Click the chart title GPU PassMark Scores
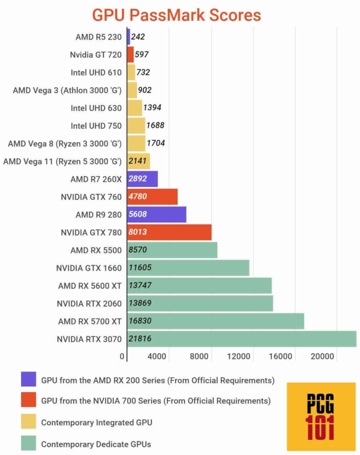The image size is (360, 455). pos(176,15)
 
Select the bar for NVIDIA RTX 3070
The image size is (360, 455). pos(241,339)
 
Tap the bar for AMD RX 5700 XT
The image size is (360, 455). pos(215,321)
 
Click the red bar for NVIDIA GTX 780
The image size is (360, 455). pos(169,232)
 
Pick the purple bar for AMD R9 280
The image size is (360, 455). pos(157,215)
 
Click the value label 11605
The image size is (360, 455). pos(140,268)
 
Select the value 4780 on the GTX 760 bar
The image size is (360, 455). pos(138,197)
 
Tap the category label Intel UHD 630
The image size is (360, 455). pos(96,108)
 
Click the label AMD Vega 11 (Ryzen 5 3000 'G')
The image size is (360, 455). pos(62,161)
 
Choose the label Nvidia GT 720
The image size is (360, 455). pos(96,55)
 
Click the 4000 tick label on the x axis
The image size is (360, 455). pos(157,356)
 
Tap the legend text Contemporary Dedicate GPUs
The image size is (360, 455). pos(97,444)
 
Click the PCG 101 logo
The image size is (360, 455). pos(321,417)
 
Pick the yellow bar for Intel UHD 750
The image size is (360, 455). pos(136,126)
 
